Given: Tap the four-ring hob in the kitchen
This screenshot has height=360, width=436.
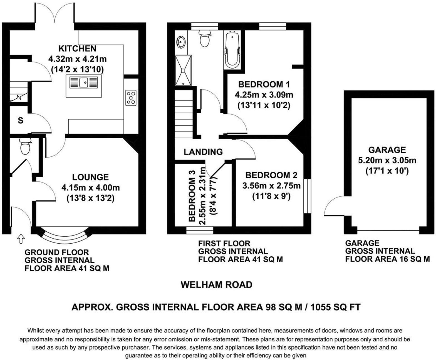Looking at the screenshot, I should [x=131, y=98].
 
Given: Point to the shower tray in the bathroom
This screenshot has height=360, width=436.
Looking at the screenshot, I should [x=183, y=71].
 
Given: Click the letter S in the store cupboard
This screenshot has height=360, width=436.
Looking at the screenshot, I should [x=20, y=121].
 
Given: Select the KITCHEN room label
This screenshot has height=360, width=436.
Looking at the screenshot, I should [x=77, y=49].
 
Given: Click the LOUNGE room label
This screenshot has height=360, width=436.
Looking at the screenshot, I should [x=90, y=177].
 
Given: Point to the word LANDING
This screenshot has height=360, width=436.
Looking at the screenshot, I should [x=203, y=152].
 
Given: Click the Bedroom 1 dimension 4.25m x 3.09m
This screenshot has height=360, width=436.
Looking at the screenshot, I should [x=264, y=95].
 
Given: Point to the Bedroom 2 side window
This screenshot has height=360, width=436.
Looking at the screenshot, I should [x=307, y=196].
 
